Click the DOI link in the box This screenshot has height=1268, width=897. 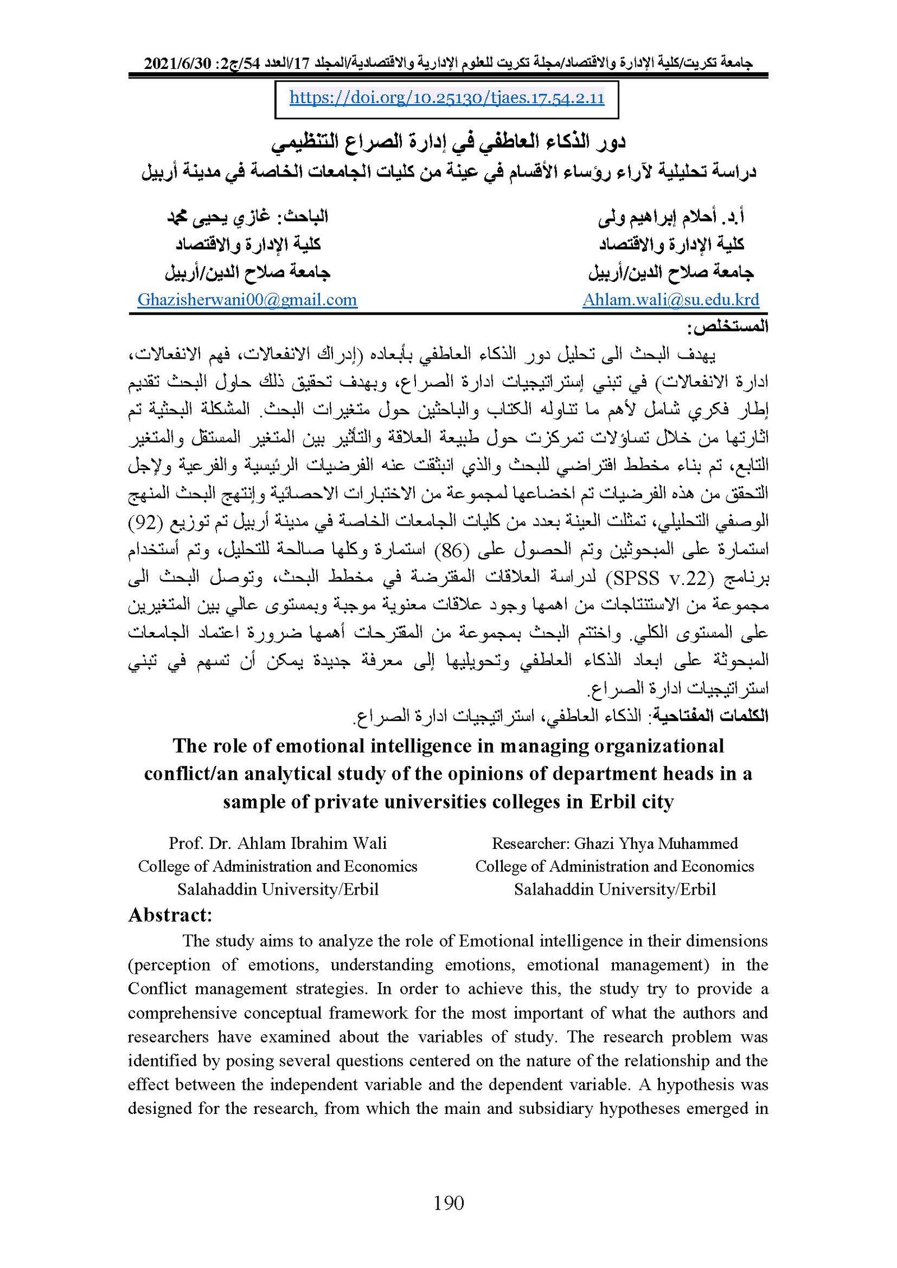(446, 99)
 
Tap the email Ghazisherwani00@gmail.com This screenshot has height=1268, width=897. (247, 300)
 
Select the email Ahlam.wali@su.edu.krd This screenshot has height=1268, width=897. (671, 300)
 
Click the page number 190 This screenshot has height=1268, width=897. (449, 1202)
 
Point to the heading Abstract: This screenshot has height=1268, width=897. (170, 915)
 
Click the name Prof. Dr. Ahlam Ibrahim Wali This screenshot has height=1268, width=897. (278, 843)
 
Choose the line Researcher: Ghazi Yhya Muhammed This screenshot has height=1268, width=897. (614, 843)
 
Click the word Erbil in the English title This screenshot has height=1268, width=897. (615, 802)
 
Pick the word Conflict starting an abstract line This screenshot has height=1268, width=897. (157, 989)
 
